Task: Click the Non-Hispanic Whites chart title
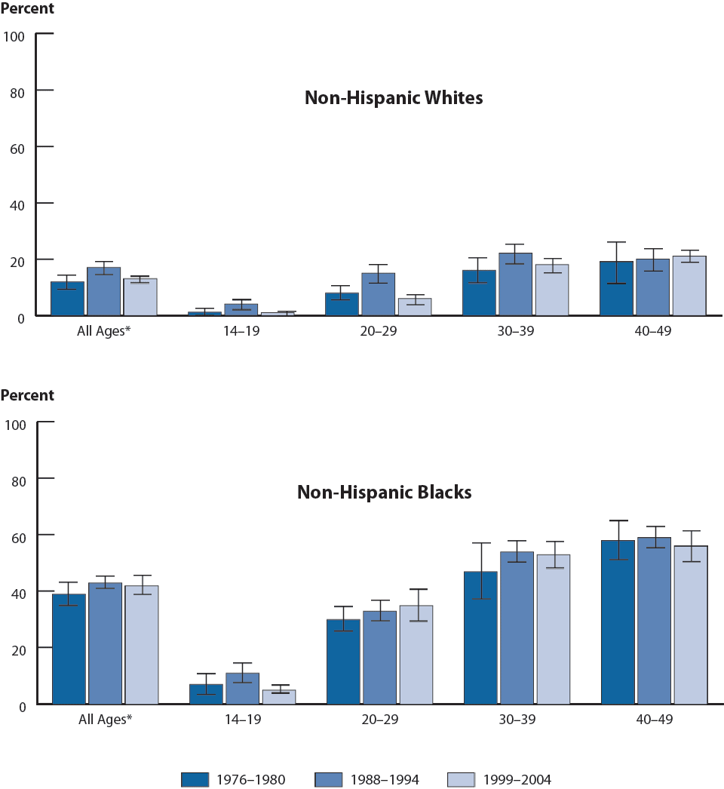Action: [x=394, y=98]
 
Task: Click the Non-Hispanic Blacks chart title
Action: [x=385, y=493]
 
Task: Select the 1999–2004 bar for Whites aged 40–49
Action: [x=689, y=287]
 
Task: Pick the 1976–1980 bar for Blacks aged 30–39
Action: [x=480, y=638]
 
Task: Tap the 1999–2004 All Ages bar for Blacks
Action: [x=142, y=646]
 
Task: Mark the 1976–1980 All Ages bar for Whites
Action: [x=68, y=299]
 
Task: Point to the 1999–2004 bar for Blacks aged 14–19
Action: [x=279, y=697]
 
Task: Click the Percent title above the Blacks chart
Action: [x=27, y=395]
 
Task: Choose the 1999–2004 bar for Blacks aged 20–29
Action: [x=416, y=655]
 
